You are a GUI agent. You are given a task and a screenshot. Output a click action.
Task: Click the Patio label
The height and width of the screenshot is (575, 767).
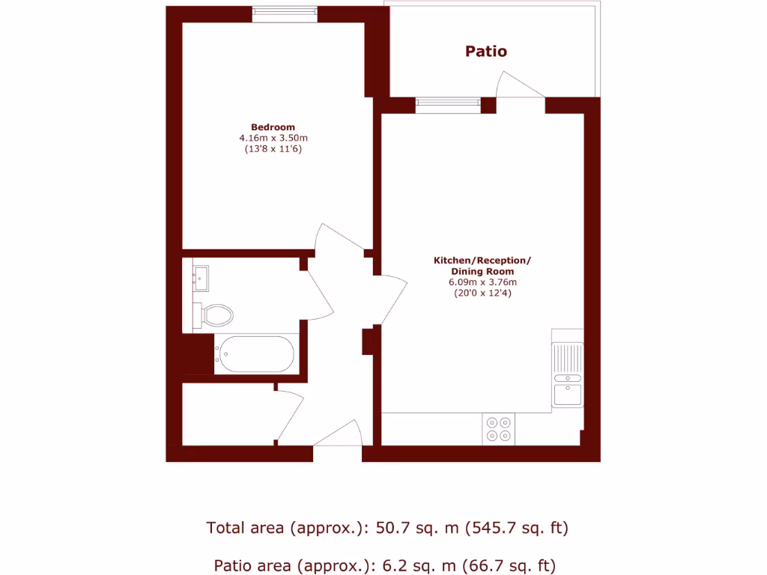tap(486, 52)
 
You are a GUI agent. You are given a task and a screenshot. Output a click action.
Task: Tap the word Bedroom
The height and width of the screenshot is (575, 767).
tap(273, 127)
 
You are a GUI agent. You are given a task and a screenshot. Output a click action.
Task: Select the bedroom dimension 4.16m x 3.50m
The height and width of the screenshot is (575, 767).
tap(273, 139)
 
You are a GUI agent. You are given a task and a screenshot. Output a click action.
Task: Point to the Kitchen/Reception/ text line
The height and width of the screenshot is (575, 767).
tap(482, 261)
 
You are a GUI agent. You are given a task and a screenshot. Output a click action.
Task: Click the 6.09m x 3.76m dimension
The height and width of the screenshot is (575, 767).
tap(482, 282)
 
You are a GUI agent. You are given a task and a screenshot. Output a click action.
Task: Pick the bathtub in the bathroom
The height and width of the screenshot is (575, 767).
tap(255, 354)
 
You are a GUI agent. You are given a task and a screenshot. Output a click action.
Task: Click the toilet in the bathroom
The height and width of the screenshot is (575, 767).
tap(216, 314)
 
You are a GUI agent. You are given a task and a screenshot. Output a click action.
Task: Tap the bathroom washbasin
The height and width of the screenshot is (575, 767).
tap(201, 279)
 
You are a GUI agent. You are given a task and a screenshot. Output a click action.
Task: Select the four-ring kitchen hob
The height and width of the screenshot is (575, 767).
tap(499, 428)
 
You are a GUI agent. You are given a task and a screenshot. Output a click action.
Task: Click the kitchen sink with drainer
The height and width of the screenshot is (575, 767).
tap(568, 374)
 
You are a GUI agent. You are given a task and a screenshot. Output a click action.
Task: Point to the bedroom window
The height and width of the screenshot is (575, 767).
tap(284, 14)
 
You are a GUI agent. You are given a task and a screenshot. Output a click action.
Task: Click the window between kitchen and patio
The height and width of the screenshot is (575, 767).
tap(447, 105)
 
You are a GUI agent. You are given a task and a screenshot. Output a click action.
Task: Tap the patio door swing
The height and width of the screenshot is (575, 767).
tap(521, 86)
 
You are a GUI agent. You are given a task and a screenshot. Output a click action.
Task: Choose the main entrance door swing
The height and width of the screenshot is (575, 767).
tap(339, 434)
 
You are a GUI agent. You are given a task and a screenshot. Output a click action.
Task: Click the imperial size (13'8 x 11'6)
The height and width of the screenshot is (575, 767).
tap(273, 149)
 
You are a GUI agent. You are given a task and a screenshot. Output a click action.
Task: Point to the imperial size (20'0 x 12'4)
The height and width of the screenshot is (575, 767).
tap(482, 293)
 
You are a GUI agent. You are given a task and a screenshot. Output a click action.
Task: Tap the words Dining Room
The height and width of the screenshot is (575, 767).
tap(482, 271)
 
